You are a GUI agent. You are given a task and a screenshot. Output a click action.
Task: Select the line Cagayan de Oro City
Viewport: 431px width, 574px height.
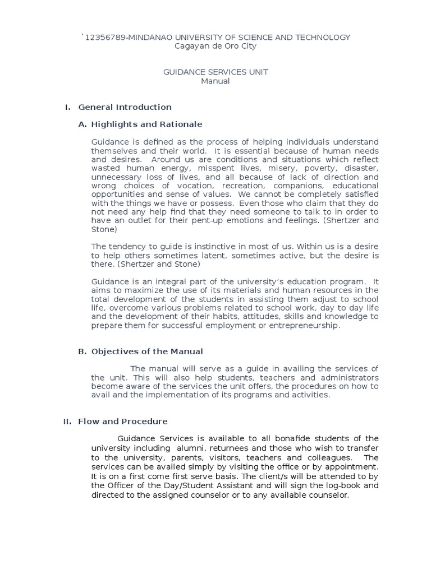point(216,46)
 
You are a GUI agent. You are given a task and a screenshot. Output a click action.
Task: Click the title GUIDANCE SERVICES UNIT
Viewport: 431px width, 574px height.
point(215,72)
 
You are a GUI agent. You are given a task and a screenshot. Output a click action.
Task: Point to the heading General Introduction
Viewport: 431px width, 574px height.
point(125,107)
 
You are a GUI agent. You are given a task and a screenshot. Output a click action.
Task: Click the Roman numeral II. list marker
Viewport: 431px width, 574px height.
point(68,421)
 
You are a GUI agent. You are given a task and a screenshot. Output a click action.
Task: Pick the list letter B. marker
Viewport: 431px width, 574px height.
point(82,351)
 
